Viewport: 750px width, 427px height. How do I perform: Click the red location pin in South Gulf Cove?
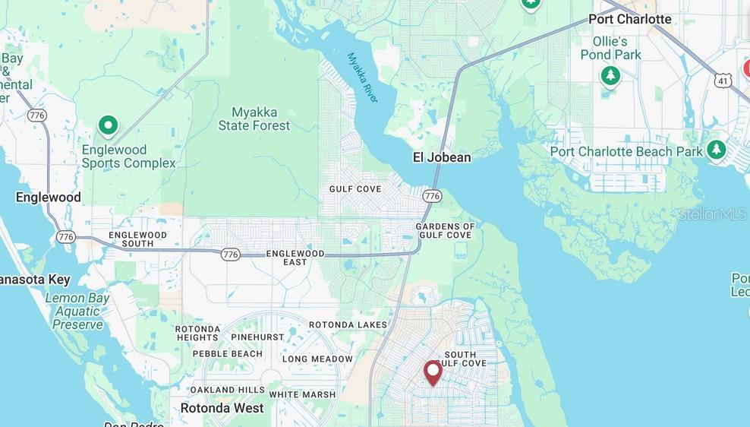click(x=433, y=372)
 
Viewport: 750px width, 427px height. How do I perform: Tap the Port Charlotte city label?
click(x=630, y=19)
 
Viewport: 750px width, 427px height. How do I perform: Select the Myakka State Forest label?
click(x=254, y=119)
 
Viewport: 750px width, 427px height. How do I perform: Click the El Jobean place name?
click(x=441, y=158)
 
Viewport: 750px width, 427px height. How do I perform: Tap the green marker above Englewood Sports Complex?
click(x=109, y=125)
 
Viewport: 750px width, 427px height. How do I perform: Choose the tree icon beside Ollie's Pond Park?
click(x=610, y=76)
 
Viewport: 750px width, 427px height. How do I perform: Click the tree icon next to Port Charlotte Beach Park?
click(x=716, y=150)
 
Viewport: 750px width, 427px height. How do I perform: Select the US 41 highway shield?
click(x=724, y=79)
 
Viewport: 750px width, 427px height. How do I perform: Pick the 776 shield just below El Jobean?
click(x=433, y=196)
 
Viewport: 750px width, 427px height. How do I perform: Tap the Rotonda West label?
click(x=222, y=408)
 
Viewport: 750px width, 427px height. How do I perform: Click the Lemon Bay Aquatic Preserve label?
click(x=77, y=312)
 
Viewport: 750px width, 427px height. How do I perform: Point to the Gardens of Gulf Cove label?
click(x=445, y=231)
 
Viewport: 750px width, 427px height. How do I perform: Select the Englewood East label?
click(x=295, y=258)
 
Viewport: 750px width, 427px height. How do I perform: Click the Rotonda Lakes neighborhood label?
click(x=348, y=325)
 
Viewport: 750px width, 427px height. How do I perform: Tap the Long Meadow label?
click(x=317, y=359)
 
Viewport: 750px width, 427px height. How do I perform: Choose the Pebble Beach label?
click(x=227, y=353)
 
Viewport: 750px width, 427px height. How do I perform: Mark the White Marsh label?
click(x=302, y=394)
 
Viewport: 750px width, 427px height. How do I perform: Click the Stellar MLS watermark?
click(x=712, y=215)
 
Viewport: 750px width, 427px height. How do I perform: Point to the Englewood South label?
click(x=137, y=239)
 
